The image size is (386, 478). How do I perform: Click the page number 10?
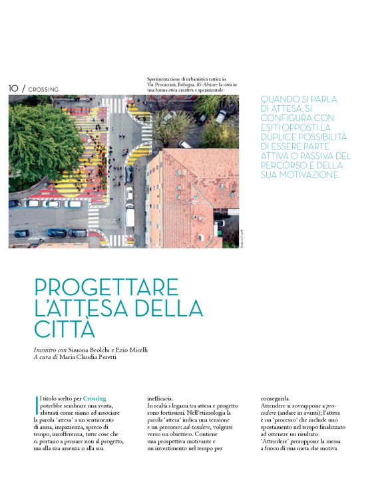[13, 88]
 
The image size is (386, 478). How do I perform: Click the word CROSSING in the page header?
[43, 89]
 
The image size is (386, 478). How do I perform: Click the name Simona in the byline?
[83, 350]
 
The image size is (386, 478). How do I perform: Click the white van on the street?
[130, 216]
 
